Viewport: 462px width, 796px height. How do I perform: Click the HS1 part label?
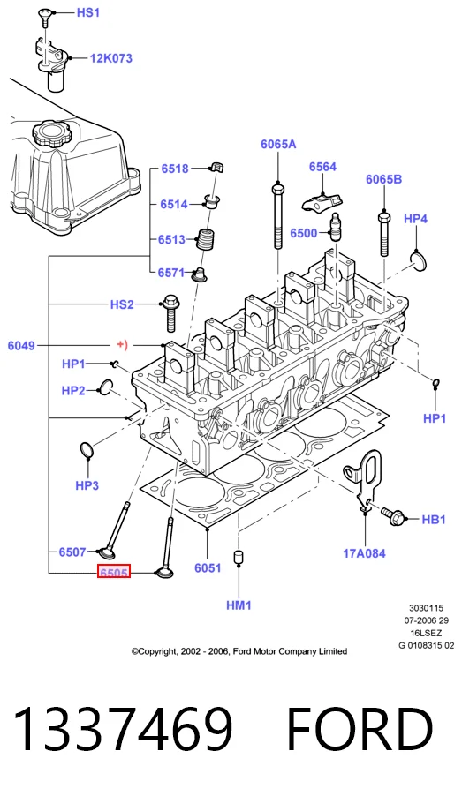point(88,12)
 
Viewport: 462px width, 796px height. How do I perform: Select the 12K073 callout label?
point(110,58)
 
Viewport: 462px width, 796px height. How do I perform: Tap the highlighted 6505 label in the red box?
point(114,573)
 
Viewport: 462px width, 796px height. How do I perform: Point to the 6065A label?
point(278,144)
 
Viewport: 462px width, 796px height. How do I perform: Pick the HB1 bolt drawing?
point(394,517)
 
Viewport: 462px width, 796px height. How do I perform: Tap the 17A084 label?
point(365,553)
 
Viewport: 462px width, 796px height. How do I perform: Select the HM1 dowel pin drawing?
point(239,556)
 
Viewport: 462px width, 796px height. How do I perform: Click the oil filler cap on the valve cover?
point(51,134)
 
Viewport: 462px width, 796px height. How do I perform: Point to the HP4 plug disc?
point(419,261)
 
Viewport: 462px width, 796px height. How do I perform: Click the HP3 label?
point(87,485)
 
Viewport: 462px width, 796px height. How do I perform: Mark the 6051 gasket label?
point(208,567)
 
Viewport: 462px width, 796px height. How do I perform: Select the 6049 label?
point(21,346)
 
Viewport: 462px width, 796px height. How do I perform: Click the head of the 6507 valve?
point(109,552)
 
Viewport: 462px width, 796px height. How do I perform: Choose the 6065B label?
point(383,179)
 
